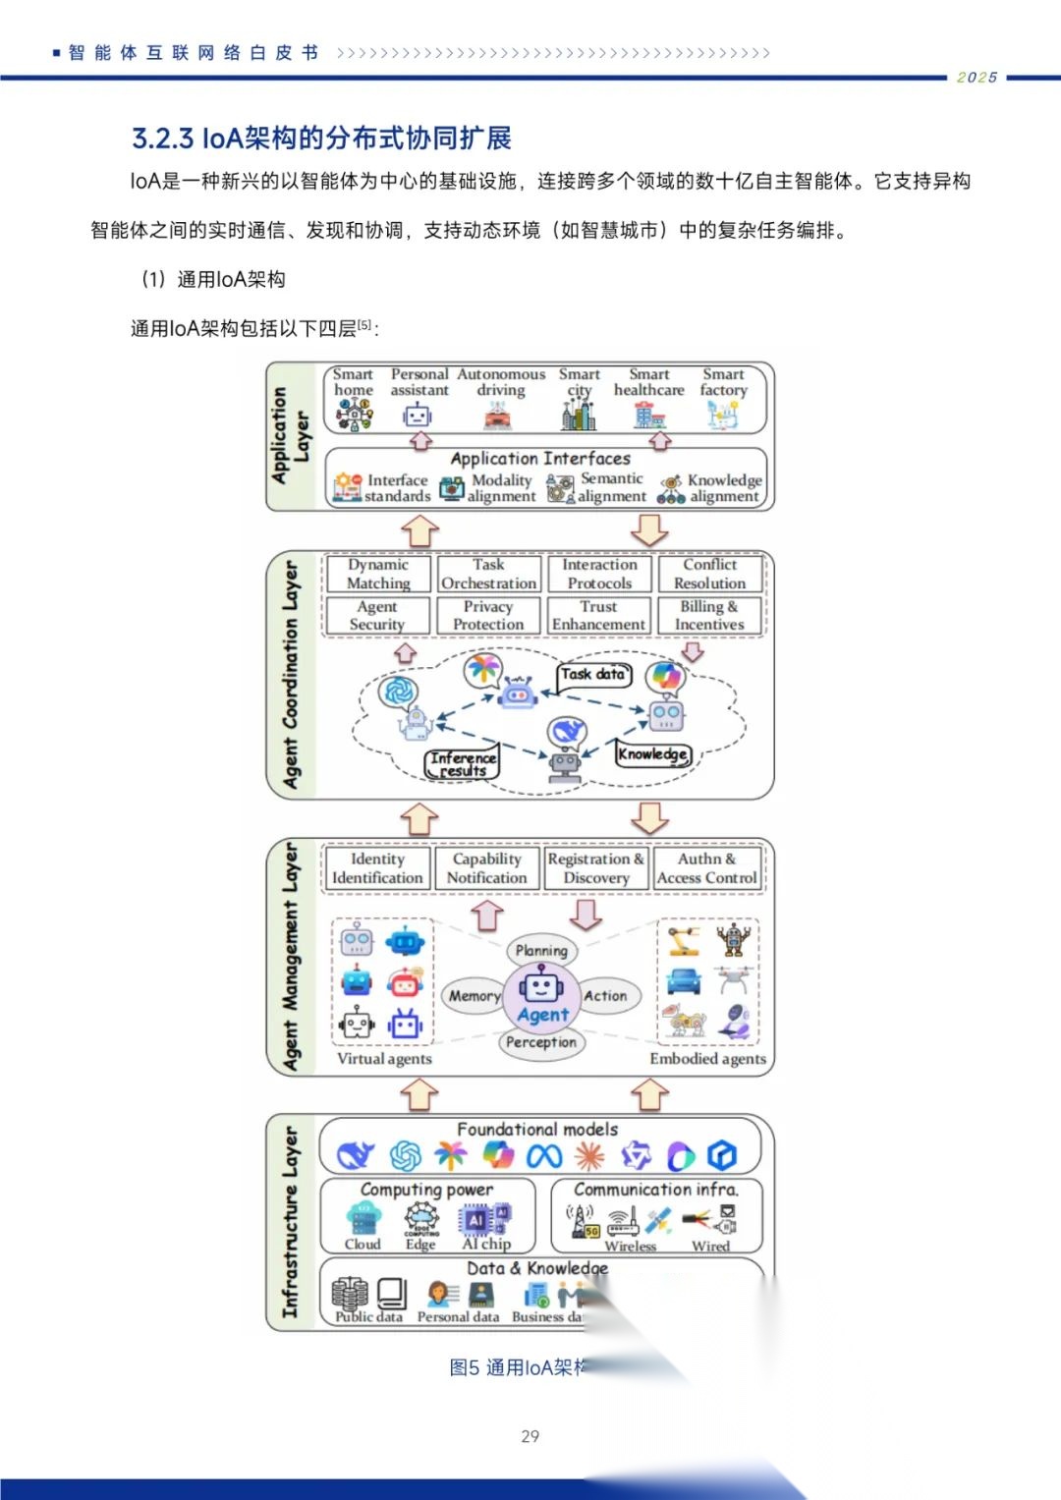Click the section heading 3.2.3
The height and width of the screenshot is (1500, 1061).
coord(321,139)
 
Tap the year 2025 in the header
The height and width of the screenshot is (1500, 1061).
coord(977,78)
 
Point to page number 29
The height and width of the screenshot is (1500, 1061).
coord(530,1436)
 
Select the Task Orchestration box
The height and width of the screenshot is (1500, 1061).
coord(488,574)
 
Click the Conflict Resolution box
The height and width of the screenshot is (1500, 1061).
coord(709,574)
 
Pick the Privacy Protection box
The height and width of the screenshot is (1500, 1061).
coord(488,616)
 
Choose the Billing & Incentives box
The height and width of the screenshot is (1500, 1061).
coord(709,616)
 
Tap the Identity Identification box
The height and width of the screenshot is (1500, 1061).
coord(377,868)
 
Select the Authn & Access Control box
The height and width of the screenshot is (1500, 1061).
coord(707,868)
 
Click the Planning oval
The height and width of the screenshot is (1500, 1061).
coord(541,950)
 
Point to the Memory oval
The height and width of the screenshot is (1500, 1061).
coord(474,995)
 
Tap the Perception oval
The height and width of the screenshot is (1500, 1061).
coord(541,1042)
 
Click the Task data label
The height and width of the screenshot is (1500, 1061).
coord(592,674)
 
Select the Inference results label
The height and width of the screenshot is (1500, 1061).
coord(463,763)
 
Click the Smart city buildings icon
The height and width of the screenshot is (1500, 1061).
coord(579,417)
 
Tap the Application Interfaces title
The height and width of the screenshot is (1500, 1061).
coord(540,458)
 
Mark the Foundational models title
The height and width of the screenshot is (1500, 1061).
coord(537,1130)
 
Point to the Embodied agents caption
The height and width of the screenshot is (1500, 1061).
coord(707,1058)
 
